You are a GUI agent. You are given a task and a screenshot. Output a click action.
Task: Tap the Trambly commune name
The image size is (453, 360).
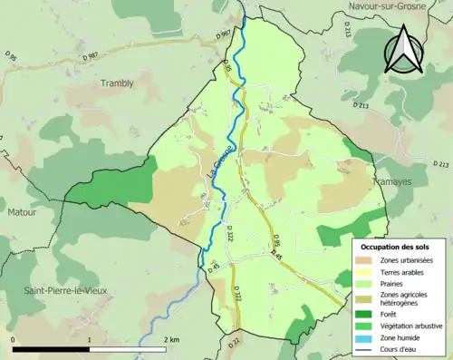pos(115,83)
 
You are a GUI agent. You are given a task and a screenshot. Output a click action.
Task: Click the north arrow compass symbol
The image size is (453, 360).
pos(405,50)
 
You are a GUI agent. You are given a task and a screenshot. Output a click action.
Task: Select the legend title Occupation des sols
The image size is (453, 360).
pos(395,247)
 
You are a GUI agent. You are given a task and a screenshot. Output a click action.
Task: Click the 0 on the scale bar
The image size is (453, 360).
pos(14,340)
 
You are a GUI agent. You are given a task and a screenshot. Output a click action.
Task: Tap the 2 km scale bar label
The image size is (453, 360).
pos(171,340)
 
